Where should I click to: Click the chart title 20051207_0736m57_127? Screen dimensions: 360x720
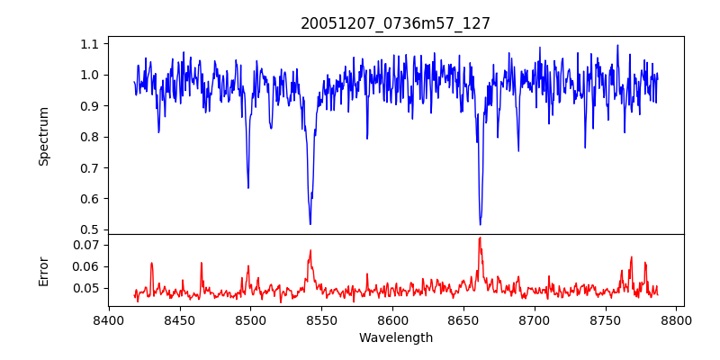395,23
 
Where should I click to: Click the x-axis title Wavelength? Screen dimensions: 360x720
395,338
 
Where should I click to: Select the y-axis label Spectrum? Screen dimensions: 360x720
43,136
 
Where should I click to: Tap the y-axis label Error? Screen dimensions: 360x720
43,270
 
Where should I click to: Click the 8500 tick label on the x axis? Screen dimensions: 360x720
250,319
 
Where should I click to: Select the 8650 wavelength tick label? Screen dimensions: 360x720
463,319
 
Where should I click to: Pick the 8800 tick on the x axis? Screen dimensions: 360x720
677,319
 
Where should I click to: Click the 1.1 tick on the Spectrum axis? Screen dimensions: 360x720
90,44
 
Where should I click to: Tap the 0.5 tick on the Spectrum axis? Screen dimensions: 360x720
90,229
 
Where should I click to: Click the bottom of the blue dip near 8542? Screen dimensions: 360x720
310,224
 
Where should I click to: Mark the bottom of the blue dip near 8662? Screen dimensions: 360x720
480,224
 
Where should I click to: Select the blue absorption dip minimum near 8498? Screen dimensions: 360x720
248,187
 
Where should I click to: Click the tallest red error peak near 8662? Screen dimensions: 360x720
480,238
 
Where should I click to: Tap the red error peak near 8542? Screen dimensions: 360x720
310,251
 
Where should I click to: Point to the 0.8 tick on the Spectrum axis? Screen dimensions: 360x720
90,137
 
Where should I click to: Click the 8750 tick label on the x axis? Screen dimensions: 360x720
606,319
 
